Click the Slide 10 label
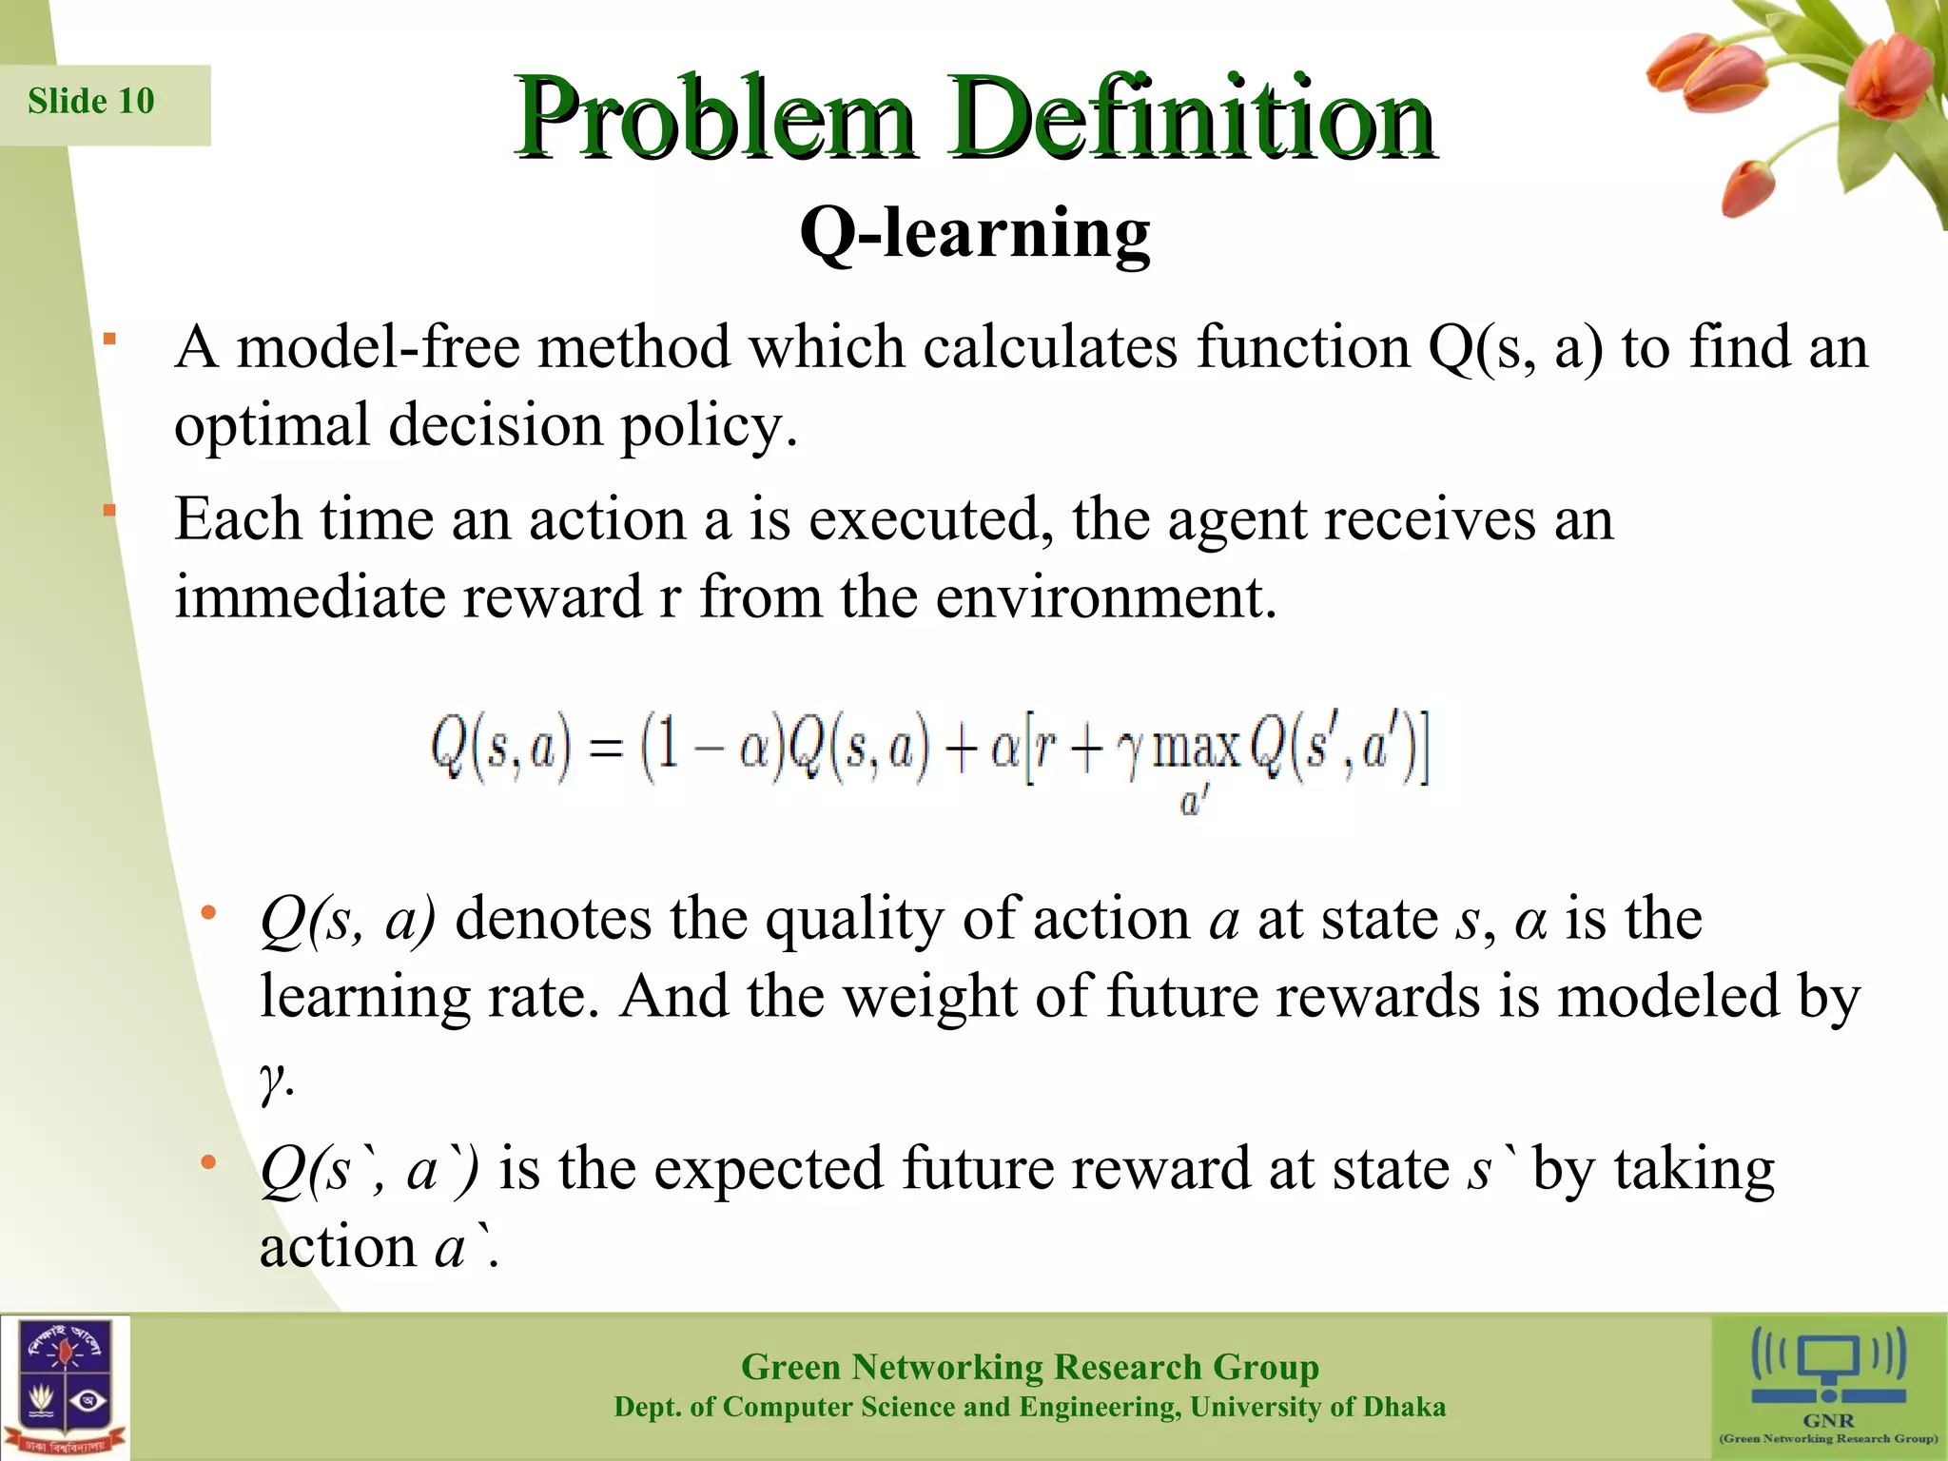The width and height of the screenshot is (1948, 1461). coord(91,101)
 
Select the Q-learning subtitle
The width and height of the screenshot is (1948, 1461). coord(974,233)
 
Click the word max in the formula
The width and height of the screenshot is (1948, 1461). coord(1197,749)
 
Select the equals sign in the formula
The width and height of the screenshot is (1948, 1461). coord(606,750)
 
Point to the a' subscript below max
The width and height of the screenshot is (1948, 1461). coord(1193,802)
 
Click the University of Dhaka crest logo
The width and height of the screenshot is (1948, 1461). coord(65,1387)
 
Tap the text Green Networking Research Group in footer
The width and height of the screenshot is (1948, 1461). coord(1029,1367)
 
